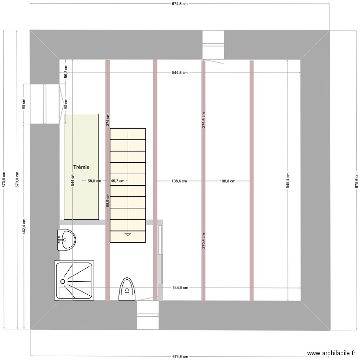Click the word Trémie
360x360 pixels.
point(82,167)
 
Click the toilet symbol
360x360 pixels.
point(127,288)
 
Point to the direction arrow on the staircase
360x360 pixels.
point(128,234)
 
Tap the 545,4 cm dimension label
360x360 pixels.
point(288,180)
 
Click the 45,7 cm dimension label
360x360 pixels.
point(118,181)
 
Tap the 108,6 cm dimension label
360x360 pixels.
point(179,181)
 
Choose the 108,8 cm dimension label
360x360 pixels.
point(228,181)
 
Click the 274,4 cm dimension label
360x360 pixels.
point(203,120)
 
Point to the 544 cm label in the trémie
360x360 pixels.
point(73,180)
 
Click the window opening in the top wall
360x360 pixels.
point(213,45)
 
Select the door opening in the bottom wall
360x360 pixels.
point(147,315)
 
